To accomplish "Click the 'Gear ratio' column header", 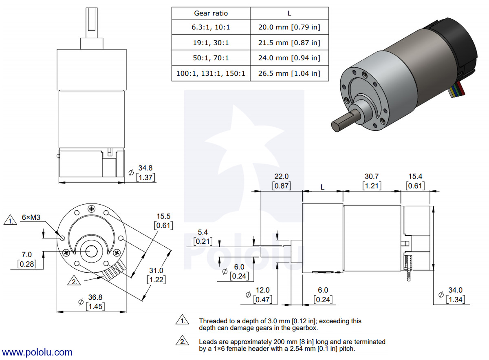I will click(x=211, y=13).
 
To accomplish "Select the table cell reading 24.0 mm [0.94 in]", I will click(x=289, y=58).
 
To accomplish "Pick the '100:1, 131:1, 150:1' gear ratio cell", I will click(x=211, y=73).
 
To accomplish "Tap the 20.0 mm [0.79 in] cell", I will click(x=289, y=28).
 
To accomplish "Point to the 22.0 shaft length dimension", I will click(x=281, y=176).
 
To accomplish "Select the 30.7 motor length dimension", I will click(x=372, y=176).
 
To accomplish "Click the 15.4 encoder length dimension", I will click(x=415, y=176).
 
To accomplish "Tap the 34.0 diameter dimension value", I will click(x=455, y=290).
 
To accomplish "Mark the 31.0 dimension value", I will click(x=156, y=270).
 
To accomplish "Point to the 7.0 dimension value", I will click(x=26, y=254).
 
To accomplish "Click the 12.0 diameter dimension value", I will click(x=262, y=290).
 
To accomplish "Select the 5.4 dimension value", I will click(x=202, y=232).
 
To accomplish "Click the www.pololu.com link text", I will click(x=37, y=353).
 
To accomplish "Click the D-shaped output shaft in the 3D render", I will click(x=344, y=120).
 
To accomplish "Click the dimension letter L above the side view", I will click(x=322, y=187).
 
